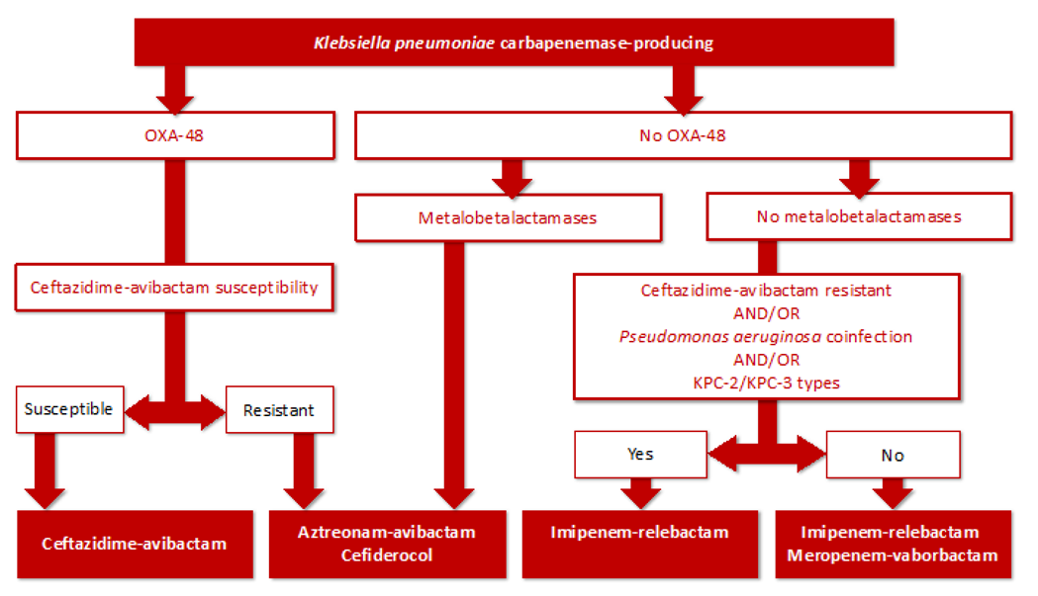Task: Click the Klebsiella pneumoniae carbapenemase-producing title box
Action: (x=515, y=43)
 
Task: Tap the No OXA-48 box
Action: (x=682, y=135)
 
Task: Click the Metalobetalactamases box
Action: (x=507, y=217)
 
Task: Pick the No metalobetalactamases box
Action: (x=858, y=217)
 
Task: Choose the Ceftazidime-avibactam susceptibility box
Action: (x=173, y=288)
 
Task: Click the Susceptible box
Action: (x=69, y=407)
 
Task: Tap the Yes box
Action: (x=639, y=456)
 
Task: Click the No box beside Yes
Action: (x=894, y=456)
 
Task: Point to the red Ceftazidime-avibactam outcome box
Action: (x=134, y=543)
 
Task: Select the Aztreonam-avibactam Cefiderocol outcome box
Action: (x=386, y=543)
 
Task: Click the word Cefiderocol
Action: (x=386, y=555)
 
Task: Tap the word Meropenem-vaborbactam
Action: (x=893, y=555)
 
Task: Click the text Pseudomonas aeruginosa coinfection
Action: (x=766, y=337)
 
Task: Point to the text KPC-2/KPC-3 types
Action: (x=766, y=382)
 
